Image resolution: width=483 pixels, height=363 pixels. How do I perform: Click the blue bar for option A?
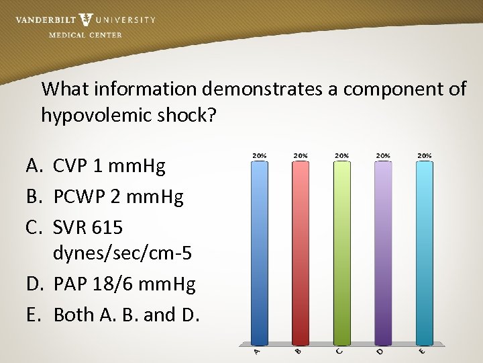click(259, 252)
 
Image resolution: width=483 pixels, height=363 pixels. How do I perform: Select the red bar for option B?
click(301, 252)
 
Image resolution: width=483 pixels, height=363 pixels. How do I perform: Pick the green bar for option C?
click(341, 252)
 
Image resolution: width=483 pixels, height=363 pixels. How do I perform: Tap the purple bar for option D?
click(383, 252)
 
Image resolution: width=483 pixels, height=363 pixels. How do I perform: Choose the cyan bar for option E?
click(424, 252)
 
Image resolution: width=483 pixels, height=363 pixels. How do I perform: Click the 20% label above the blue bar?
click(259, 155)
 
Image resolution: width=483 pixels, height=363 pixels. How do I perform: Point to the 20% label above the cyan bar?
click(424, 155)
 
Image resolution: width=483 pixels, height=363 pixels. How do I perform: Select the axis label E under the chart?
click(423, 351)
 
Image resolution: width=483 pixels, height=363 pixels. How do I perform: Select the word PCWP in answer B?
click(79, 197)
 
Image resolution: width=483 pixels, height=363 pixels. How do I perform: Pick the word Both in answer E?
click(72, 315)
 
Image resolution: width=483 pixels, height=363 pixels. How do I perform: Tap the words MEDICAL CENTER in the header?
click(85, 35)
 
